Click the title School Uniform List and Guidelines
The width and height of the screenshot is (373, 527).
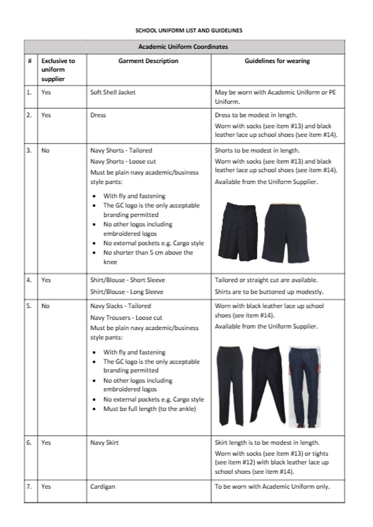click(188, 31)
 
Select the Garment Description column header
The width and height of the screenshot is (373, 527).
click(148, 61)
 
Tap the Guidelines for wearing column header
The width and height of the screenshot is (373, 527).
click(277, 61)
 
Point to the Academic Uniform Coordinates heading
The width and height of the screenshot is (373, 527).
click(183, 47)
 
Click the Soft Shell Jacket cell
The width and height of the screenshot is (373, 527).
click(113, 92)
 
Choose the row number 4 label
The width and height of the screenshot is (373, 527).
click(29, 280)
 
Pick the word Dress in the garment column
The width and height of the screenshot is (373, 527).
click(98, 115)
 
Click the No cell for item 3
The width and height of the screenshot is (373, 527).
click(45, 150)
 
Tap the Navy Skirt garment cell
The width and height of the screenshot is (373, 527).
click(104, 443)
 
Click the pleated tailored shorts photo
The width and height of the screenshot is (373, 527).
click(238, 231)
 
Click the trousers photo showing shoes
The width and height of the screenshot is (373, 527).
click(304, 386)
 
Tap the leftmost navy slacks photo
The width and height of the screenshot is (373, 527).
click(231, 386)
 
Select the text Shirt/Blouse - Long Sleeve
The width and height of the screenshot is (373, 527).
click(127, 292)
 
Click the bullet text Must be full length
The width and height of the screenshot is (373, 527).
click(149, 409)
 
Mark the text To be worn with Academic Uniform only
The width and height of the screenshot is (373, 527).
click(272, 487)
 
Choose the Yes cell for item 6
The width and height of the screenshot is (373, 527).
click(46, 443)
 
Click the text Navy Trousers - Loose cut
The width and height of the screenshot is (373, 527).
click(126, 318)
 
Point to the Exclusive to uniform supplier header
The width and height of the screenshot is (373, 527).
click(58, 69)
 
